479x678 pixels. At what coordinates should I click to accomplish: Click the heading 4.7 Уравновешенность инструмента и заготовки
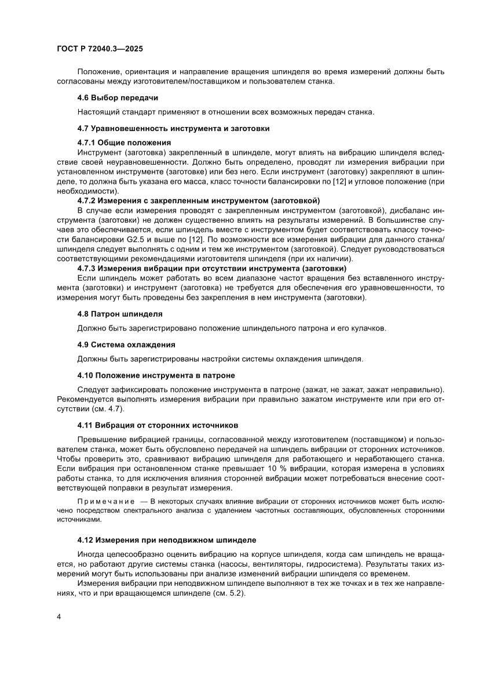(x=173, y=128)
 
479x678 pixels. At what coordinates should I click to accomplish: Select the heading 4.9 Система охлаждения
(x=126, y=344)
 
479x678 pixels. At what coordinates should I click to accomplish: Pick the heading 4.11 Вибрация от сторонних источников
(x=158, y=425)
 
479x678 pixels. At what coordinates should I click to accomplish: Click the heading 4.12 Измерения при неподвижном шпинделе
(x=167, y=539)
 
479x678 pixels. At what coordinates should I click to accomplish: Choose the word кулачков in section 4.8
(x=367, y=328)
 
